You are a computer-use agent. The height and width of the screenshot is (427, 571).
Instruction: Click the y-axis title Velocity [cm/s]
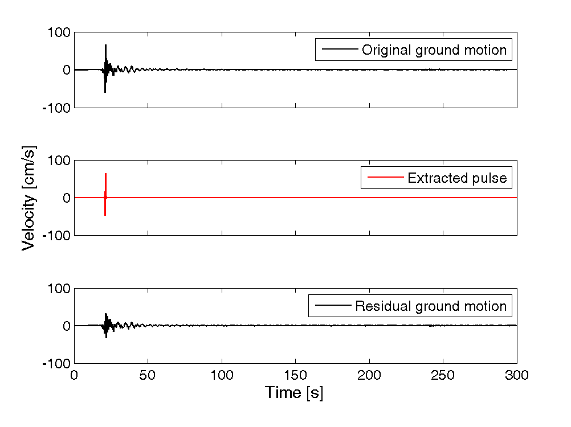pyautogui.click(x=28, y=198)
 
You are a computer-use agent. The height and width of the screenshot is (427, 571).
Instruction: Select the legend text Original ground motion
pyautogui.click(x=434, y=50)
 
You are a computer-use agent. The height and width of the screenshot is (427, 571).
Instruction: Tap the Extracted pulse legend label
pyautogui.click(x=457, y=178)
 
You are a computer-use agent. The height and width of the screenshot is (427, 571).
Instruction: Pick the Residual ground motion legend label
pyautogui.click(x=431, y=306)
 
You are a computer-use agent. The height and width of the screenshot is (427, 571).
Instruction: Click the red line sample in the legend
pyautogui.click(x=386, y=177)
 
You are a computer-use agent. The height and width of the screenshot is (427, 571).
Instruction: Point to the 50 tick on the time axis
pyautogui.click(x=148, y=375)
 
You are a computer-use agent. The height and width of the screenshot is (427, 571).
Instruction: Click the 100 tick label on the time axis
pyautogui.click(x=222, y=375)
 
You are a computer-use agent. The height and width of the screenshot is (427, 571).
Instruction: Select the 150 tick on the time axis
pyautogui.click(x=295, y=375)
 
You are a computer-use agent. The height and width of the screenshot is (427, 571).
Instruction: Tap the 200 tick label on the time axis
pyautogui.click(x=369, y=375)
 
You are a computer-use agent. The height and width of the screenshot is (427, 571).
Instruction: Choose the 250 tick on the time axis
pyautogui.click(x=443, y=375)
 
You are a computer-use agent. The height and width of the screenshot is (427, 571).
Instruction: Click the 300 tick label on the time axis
pyautogui.click(x=517, y=375)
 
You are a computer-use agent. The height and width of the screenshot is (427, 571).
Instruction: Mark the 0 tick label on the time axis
pyautogui.click(x=74, y=375)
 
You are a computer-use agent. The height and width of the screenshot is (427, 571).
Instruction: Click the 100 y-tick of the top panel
pyautogui.click(x=59, y=32)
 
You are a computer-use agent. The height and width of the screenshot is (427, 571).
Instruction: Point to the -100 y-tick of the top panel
pyautogui.click(x=56, y=108)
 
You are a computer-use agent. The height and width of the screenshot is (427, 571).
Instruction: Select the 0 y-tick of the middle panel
pyautogui.click(x=67, y=198)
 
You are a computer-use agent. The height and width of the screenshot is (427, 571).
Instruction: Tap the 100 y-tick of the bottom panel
pyautogui.click(x=59, y=289)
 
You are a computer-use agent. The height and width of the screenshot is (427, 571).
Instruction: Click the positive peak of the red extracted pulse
pyautogui.click(x=105, y=174)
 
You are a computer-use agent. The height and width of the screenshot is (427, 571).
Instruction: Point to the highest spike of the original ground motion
pyautogui.click(x=105, y=45)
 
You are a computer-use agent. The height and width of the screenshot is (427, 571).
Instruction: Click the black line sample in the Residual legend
pyautogui.click(x=333, y=305)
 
